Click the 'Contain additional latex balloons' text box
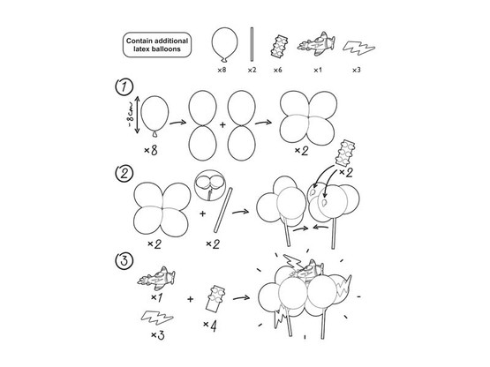pos(157,45)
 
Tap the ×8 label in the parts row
pos(222,70)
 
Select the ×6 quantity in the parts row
pos(277,70)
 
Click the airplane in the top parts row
pos(316,44)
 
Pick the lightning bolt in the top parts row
pos(358,49)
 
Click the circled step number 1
pos(124,86)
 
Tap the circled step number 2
pos(124,173)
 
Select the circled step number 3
pos(124,260)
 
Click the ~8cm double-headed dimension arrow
pos(137,115)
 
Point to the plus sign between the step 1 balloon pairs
pos(222,125)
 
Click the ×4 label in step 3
pos(210,326)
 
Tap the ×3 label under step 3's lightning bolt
pos(158,335)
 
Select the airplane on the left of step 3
pos(156,279)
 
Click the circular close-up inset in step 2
pos(210,185)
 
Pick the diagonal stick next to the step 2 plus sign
pos(223,210)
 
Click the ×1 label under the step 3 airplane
pos(156,297)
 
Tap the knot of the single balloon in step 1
pos(155,134)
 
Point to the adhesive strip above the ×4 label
pos(215,298)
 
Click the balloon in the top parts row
pos(224,45)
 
